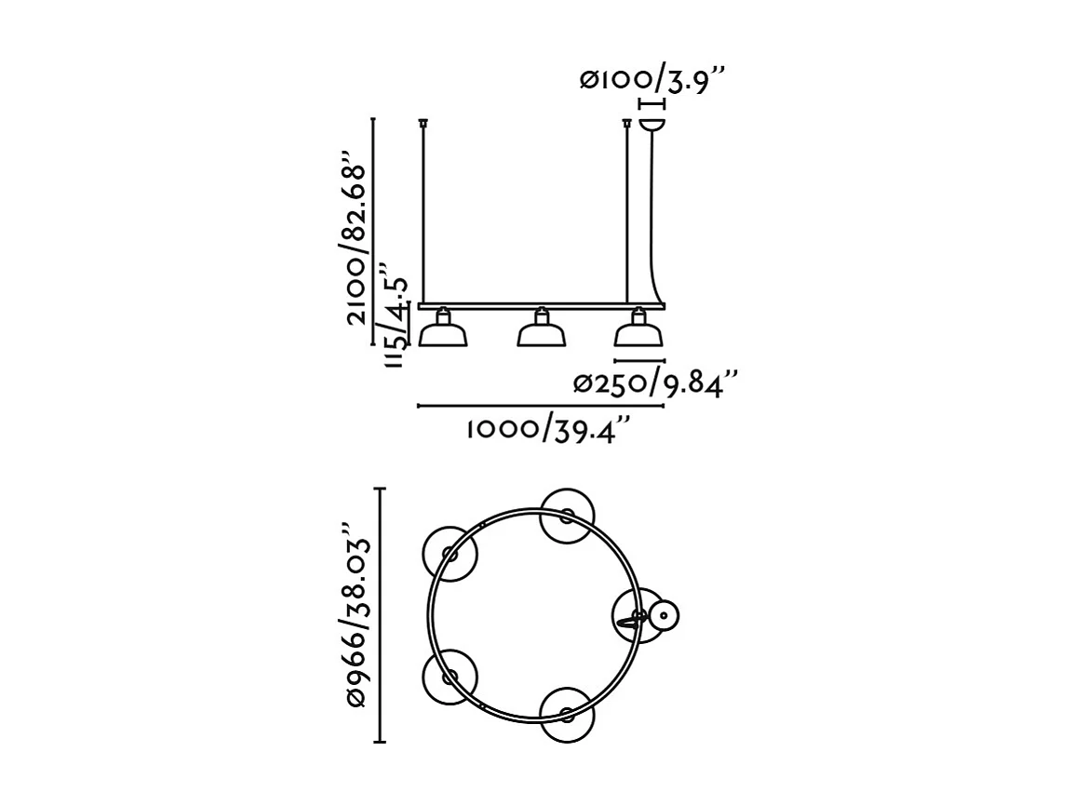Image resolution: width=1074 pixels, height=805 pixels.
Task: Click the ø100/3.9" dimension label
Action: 651,80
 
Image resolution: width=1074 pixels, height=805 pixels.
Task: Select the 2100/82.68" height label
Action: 356,236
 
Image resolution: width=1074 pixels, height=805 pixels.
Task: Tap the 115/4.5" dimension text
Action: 396,322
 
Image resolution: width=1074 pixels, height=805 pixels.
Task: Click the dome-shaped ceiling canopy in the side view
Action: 652,123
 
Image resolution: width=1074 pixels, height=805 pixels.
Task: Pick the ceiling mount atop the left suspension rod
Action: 423,122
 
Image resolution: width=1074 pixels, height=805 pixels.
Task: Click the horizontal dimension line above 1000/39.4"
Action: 541,407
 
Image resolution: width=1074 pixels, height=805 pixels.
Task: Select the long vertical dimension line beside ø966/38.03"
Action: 380,614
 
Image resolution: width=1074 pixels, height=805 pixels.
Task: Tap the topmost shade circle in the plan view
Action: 567,515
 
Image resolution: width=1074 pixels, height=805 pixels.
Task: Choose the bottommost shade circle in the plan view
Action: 567,714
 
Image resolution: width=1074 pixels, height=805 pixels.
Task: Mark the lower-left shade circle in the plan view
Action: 450,676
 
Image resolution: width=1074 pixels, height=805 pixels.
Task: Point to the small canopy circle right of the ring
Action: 664,614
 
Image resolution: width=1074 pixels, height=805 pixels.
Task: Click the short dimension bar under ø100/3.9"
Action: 651,104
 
